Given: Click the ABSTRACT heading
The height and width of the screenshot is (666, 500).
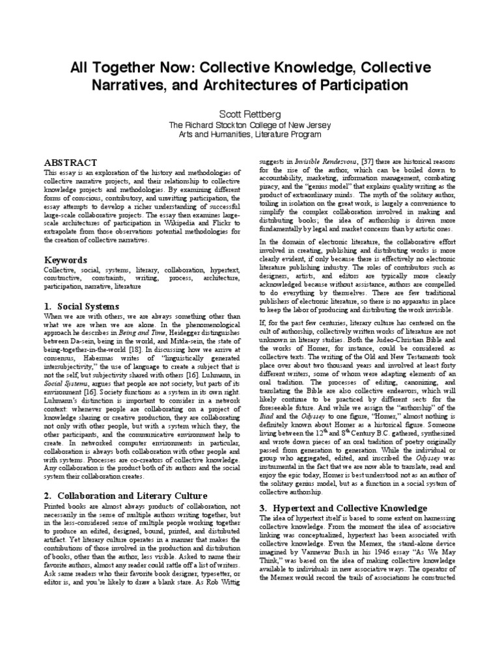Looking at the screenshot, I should click(70, 162).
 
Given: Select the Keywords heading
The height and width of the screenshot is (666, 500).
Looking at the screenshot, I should click(65, 260).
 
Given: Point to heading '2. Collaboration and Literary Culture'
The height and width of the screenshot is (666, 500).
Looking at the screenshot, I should click(125, 477).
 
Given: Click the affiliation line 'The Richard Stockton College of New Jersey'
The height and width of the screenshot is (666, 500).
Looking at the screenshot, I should click(250, 124).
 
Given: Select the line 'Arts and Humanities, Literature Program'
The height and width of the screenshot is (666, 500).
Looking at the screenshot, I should click(250, 134).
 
